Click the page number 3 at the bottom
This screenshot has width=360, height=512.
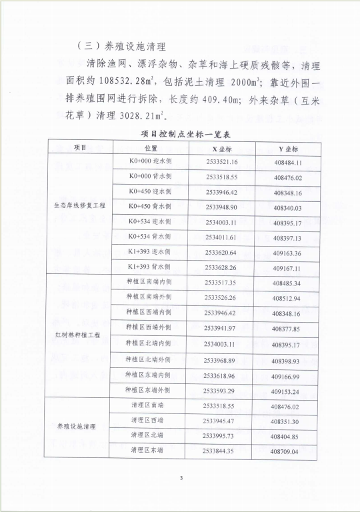(181, 477)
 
